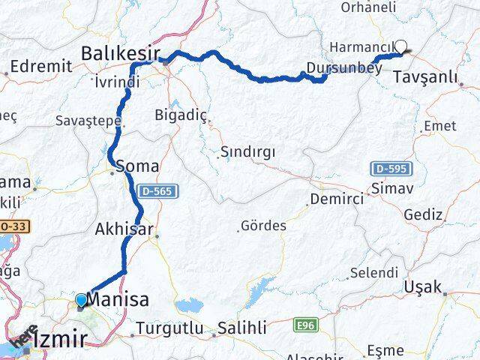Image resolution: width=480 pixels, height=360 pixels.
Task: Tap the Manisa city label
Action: [x=118, y=300]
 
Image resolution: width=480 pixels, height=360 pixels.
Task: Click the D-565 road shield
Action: [x=157, y=192]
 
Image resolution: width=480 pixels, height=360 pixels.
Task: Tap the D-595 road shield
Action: [x=386, y=169]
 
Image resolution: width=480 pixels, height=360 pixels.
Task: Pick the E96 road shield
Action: [x=304, y=324]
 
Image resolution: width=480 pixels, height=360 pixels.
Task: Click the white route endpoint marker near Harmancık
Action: [x=402, y=46]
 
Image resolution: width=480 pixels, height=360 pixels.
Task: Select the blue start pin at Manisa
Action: [x=81, y=301]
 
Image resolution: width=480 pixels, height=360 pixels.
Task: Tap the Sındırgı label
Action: [x=247, y=152]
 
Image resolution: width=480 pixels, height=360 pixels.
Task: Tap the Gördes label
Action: [x=263, y=225]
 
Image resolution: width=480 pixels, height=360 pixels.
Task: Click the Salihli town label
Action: [x=241, y=328]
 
